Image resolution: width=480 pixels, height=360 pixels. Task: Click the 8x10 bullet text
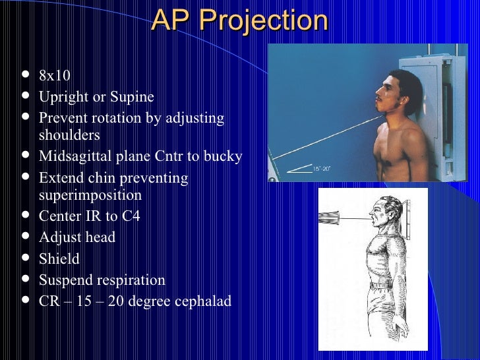tap(55, 76)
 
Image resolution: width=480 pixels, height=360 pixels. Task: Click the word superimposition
tap(90, 195)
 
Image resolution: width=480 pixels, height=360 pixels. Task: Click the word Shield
tap(59, 258)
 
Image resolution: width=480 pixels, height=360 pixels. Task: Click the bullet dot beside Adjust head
tap(25, 237)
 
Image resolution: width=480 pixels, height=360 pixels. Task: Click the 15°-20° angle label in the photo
tap(321, 169)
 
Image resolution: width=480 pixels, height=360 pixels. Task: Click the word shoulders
tap(69, 135)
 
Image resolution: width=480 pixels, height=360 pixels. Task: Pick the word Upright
tap(63, 98)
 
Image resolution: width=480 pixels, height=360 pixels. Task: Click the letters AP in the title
tap(170, 21)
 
